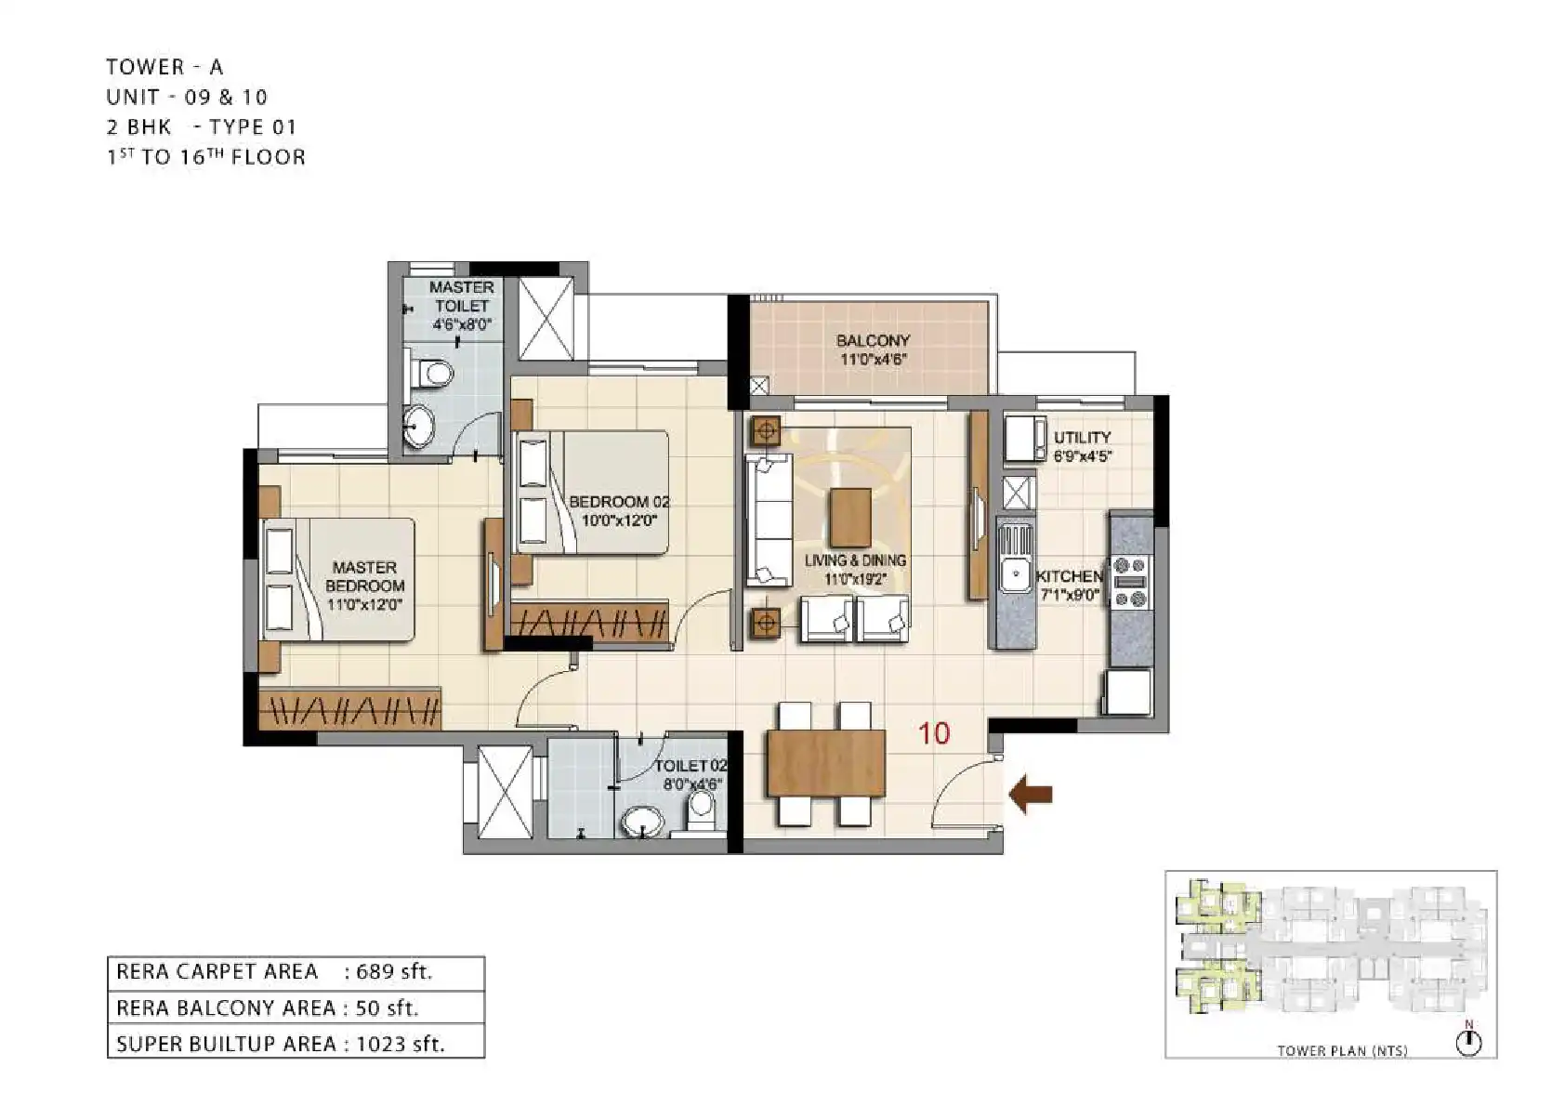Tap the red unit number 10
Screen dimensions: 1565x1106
pyautogui.click(x=934, y=733)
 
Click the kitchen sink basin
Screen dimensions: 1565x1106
pyautogui.click(x=1013, y=575)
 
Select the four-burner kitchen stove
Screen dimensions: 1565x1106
pyautogui.click(x=1130, y=582)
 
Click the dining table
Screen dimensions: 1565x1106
pyautogui.click(x=826, y=763)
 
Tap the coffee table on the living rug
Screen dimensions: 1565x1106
pyautogui.click(x=850, y=518)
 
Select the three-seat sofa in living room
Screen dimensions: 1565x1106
pyautogui.click(x=769, y=520)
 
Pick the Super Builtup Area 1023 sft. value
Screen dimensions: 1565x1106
pyautogui.click(x=401, y=1044)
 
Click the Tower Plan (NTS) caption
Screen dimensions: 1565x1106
pyautogui.click(x=1343, y=1051)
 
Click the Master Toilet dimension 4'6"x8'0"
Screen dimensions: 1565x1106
pyautogui.click(x=463, y=324)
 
